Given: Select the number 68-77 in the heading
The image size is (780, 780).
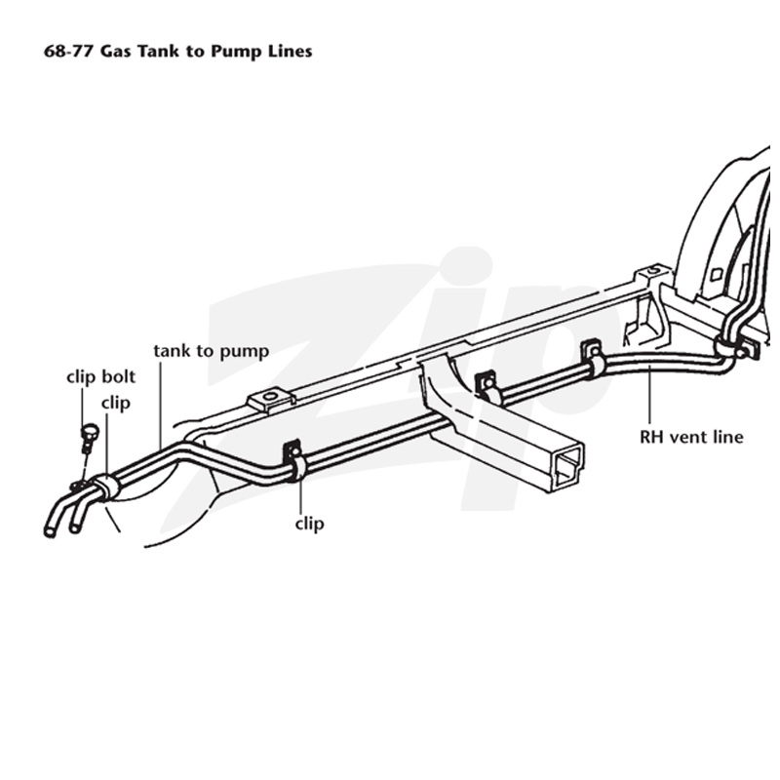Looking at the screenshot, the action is pos(68,51).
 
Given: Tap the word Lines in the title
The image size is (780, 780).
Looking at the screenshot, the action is pos(290,51).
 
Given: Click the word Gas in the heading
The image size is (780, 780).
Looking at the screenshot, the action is pos(115,51).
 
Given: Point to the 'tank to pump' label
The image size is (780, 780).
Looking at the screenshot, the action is pos(212,351).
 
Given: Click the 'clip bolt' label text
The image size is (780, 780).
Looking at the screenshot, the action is pos(101,376).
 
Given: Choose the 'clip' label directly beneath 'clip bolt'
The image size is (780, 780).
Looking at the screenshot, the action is pos(116,403).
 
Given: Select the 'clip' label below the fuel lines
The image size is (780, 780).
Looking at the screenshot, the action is pos(309,524).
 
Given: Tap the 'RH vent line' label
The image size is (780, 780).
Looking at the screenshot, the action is pos(691,437).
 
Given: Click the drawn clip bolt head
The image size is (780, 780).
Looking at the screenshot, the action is pos(90,431).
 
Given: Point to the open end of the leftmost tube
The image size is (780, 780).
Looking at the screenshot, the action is pos(50,531).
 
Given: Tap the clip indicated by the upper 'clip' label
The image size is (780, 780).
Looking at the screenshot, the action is pos(105,487).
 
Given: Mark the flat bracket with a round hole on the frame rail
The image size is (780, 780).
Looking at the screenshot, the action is pos(271,399).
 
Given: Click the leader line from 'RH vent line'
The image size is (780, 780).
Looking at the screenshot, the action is pos(649,397).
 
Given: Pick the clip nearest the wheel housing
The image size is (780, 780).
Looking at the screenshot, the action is pos(728,345).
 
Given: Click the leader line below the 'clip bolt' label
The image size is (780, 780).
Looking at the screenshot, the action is pos(83,407).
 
